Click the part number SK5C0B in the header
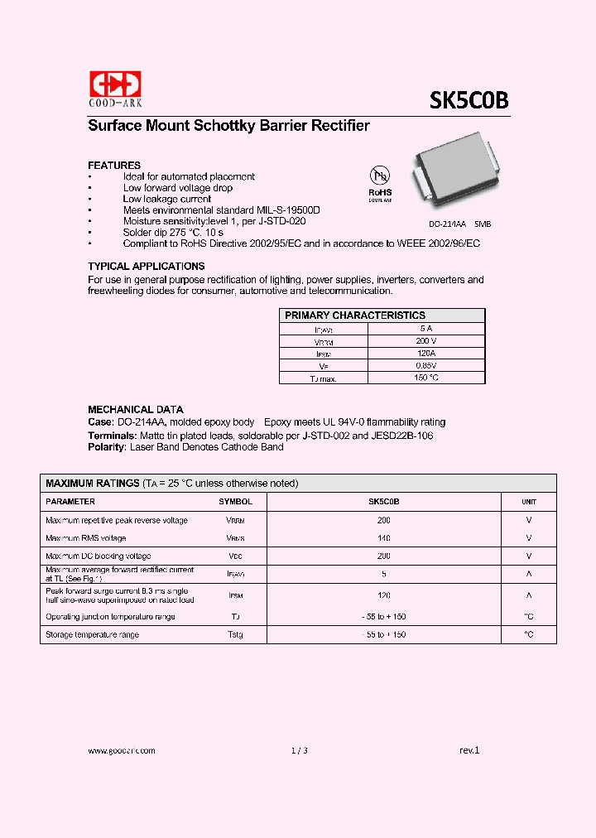[468, 100]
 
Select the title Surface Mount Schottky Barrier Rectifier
[228, 126]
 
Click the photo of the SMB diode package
[454, 176]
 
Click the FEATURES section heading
[114, 165]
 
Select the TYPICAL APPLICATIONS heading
[147, 267]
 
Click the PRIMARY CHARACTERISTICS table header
[355, 315]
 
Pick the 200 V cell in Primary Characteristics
[425, 340]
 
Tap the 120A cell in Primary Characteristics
[425, 353]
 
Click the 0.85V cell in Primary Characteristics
[425, 365]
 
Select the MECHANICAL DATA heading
[136, 409]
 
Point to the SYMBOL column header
[235, 502]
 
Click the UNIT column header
[528, 502]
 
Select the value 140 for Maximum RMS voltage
[383, 538]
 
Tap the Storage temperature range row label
[92, 634]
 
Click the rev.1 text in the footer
[469, 750]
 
